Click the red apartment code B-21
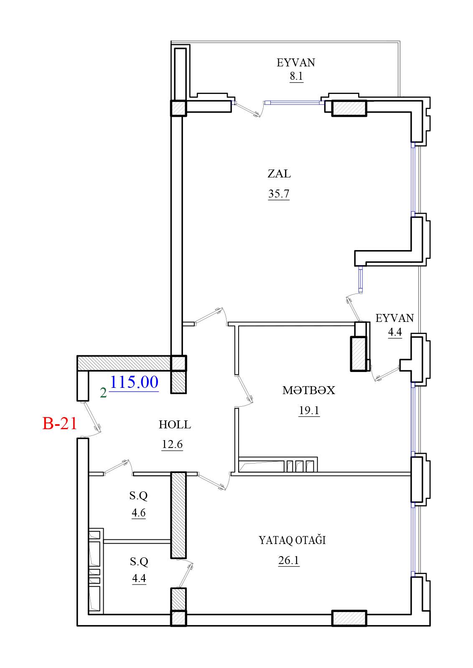pos(60,423)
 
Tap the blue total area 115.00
pos(134,382)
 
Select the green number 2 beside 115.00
pos(103,393)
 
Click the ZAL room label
pos(279,174)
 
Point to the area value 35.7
pos(279,194)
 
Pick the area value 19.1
pos(309,410)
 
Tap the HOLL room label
pos(175,425)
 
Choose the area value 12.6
pos(172,444)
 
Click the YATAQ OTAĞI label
pos(292,540)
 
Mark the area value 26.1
pos(289,560)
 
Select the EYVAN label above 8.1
pos(296,63)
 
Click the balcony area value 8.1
pos(296,76)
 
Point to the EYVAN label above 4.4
pos(394,318)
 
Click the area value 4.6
pos(138,513)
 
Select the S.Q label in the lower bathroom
pos(139,562)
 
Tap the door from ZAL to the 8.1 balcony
pos(248,109)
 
